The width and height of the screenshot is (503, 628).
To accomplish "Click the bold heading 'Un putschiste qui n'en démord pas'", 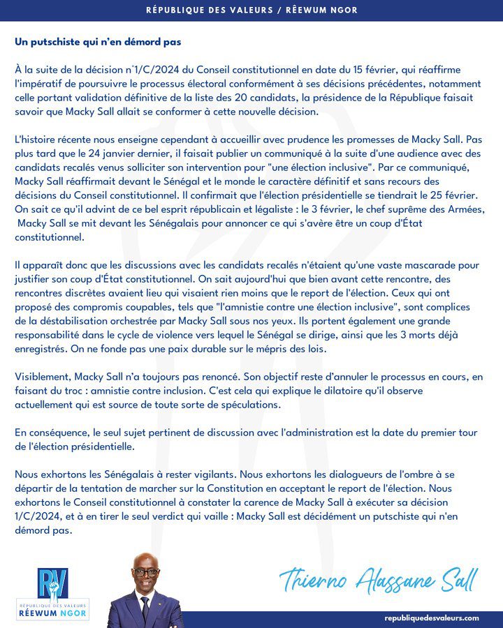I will click(x=98, y=42).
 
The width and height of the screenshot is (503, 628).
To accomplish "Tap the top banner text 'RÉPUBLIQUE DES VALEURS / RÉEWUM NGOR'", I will click(x=251, y=10).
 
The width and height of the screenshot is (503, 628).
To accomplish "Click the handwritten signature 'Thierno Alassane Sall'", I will click(x=378, y=578).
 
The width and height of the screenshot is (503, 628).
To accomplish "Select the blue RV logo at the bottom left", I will click(x=52, y=582).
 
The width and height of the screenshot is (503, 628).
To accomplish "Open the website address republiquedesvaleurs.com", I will click(x=432, y=618).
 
